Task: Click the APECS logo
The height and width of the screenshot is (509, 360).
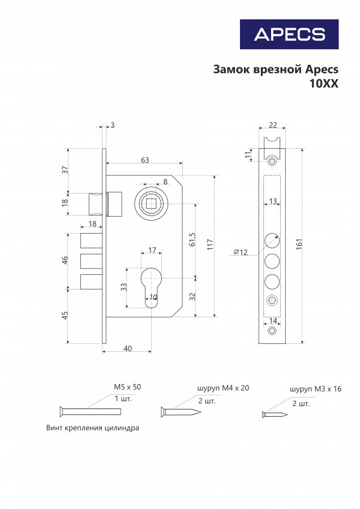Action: click(289, 34)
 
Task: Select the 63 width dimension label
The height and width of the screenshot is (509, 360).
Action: click(145, 160)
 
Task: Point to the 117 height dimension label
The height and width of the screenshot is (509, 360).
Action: click(210, 244)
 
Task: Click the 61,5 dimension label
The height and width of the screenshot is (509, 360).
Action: click(192, 240)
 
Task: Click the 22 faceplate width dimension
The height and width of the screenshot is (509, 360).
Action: click(273, 126)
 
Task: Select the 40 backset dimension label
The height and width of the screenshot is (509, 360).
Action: click(127, 348)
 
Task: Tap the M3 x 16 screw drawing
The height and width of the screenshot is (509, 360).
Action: click(275, 415)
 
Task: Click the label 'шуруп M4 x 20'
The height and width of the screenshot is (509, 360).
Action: click(223, 388)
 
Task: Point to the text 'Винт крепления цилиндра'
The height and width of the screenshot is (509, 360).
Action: click(92, 428)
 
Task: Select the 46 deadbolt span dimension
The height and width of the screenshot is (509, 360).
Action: click(65, 260)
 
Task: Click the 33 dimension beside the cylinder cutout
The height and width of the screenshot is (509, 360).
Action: click(125, 287)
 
